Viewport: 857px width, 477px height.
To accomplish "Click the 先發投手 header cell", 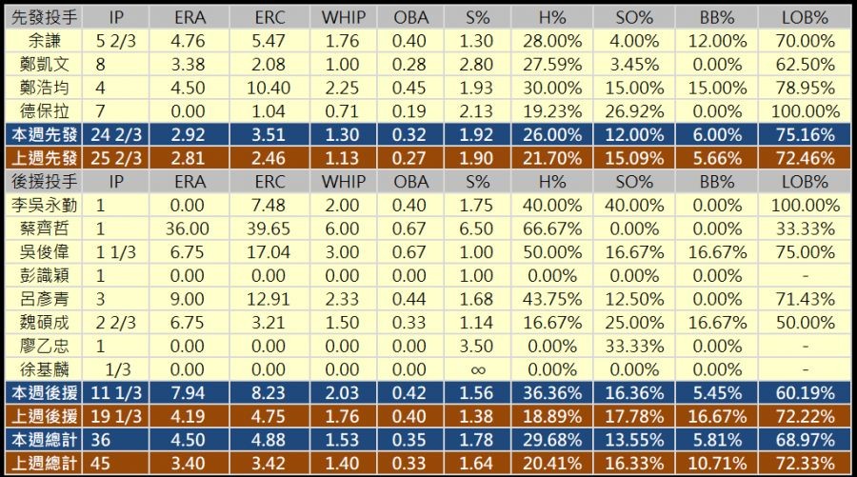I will point(45,18).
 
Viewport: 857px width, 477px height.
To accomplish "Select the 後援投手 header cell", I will point(45,181).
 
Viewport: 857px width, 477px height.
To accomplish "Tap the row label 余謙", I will point(45,41).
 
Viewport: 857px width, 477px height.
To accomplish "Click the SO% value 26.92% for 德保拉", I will point(638,110).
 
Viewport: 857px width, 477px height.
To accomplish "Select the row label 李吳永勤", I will point(45,205).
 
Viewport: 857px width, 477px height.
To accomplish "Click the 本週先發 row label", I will point(45,134).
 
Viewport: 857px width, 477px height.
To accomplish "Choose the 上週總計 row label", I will point(45,462).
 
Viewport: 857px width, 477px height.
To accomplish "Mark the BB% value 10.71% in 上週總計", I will point(720,462).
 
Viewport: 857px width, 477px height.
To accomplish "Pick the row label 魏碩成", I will point(45,322).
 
